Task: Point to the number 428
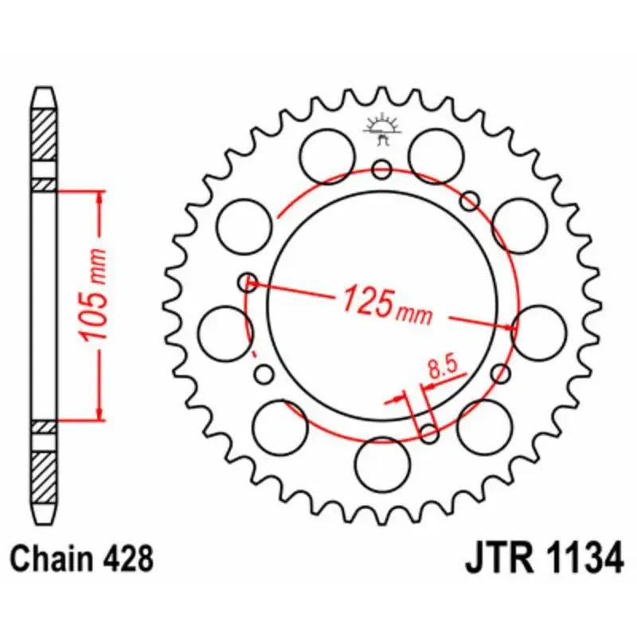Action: tap(127, 560)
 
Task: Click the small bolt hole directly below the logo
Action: tap(382, 170)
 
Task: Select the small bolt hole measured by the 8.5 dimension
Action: tap(429, 433)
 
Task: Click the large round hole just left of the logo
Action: tap(328, 150)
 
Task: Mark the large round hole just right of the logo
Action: tap(436, 150)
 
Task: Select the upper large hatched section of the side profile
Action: tap(45, 131)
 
